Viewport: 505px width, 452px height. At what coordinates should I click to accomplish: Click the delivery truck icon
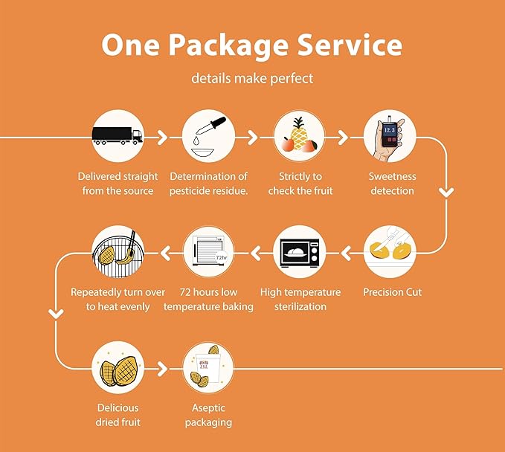click(x=118, y=135)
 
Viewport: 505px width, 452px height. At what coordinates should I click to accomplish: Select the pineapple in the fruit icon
click(x=299, y=135)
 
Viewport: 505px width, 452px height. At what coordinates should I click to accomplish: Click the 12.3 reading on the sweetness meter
click(x=390, y=130)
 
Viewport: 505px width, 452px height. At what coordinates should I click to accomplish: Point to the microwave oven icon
click(x=300, y=253)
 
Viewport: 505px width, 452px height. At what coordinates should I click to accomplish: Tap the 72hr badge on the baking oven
click(x=221, y=257)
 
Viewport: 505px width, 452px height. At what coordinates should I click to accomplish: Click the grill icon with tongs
click(x=118, y=253)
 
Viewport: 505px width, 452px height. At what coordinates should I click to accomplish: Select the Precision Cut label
click(x=392, y=292)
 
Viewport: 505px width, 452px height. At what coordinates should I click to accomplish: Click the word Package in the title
click(x=228, y=45)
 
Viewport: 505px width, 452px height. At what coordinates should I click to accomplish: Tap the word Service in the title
click(x=350, y=45)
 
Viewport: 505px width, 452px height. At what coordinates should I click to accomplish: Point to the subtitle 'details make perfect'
click(x=252, y=79)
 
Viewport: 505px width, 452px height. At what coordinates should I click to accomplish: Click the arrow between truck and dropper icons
click(x=162, y=138)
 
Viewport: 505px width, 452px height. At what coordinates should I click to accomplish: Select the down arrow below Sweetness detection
click(x=446, y=193)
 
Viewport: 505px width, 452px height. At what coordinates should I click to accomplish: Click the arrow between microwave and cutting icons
click(x=347, y=253)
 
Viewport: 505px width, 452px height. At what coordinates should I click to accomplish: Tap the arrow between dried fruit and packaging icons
click(x=162, y=369)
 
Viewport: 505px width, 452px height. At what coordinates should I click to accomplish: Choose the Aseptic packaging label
click(x=208, y=415)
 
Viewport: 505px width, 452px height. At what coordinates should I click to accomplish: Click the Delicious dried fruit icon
click(x=118, y=369)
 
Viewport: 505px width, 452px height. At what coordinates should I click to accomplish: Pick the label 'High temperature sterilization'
click(x=300, y=299)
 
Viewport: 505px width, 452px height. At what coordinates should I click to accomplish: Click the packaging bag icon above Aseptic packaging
click(x=208, y=368)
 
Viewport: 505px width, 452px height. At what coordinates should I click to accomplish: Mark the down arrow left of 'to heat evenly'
click(x=56, y=314)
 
